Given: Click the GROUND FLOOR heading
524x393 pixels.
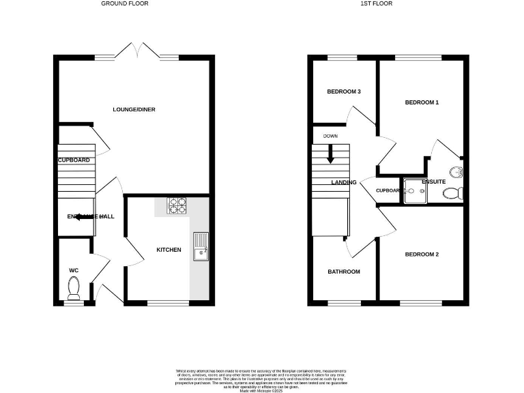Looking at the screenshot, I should pyautogui.click(x=125, y=3).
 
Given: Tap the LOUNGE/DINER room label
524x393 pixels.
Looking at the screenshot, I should pyautogui.click(x=130, y=109).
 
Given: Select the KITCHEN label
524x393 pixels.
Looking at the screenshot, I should pyautogui.click(x=169, y=250).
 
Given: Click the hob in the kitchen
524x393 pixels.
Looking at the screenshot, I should pyautogui.click(x=177, y=204).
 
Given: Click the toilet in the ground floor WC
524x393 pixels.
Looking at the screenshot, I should pyautogui.click(x=74, y=288).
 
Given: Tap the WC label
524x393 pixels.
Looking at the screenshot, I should pyautogui.click(x=74, y=270).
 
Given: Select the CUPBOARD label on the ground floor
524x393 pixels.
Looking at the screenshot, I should pyautogui.click(x=74, y=160).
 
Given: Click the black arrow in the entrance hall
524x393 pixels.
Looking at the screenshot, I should pyautogui.click(x=85, y=216).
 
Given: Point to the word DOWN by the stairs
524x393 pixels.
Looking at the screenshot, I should pyautogui.click(x=330, y=136).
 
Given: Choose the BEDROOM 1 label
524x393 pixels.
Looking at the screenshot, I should pyautogui.click(x=422, y=102).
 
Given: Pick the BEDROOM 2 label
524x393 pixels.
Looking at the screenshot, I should pyautogui.click(x=422, y=254).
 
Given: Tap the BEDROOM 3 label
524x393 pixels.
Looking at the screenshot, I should pyautogui.click(x=343, y=91).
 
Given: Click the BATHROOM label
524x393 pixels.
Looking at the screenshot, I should pyautogui.click(x=343, y=272).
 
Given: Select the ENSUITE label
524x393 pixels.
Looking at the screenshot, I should pyautogui.click(x=434, y=181).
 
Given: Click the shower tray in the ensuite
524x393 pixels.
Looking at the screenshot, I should pyautogui.click(x=414, y=191).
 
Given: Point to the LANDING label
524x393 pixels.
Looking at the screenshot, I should pyautogui.click(x=344, y=182).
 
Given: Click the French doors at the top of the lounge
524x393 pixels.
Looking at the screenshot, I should pyautogui.click(x=139, y=50).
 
